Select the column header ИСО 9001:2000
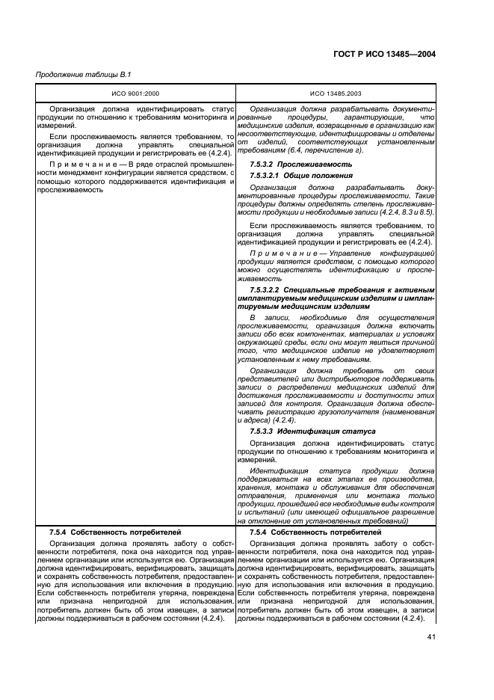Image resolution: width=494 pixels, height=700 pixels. [132, 93]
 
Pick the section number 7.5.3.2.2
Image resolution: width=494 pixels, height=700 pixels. [265, 289]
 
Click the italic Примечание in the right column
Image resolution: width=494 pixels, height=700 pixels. [284, 254]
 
